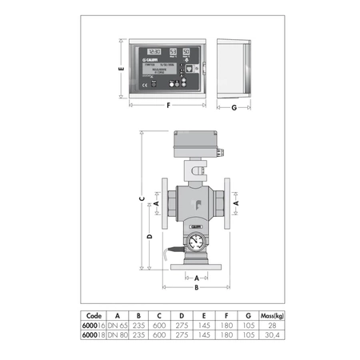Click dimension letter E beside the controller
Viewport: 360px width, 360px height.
tap(120, 70)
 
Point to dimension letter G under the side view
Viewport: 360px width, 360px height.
tap(233, 105)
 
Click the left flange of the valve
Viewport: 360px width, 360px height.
tap(162, 204)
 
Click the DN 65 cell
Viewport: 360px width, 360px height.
tap(118, 326)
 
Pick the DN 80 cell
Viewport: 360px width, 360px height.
tap(118, 336)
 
